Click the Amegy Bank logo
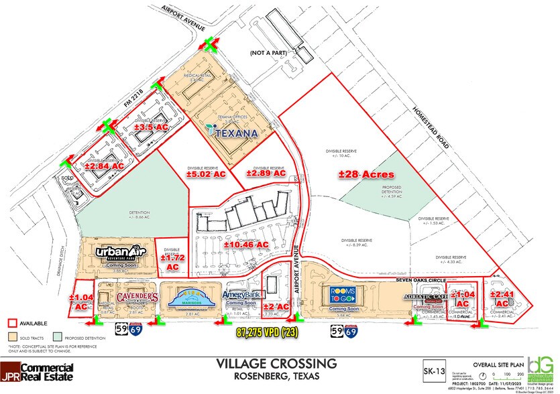(241, 297)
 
